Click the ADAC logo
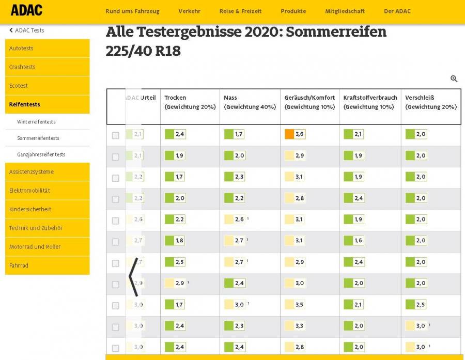point(26,10)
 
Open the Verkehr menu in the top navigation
point(189,11)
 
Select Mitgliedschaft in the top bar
point(345,11)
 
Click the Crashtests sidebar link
point(22,67)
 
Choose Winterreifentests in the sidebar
point(36,122)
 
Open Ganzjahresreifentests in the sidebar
point(41,154)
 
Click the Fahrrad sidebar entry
point(19,265)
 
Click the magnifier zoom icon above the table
point(454,79)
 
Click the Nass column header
point(230,98)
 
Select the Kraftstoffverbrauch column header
point(370,98)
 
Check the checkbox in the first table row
point(115,135)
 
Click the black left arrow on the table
point(133,277)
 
